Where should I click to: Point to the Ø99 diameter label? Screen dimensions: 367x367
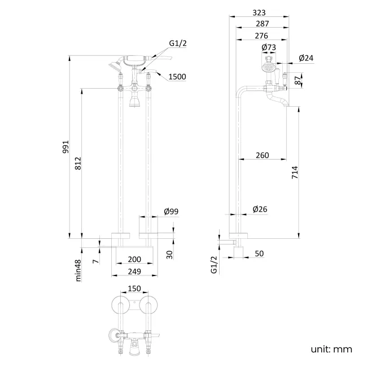coord(171,211)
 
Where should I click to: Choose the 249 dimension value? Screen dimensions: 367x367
coord(134,272)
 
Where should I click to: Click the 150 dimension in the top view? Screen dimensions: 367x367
coord(134,289)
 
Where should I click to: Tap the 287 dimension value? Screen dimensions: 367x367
coord(261,24)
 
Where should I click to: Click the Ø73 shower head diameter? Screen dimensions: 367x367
coord(268,47)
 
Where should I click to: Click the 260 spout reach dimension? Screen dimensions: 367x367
coord(261,155)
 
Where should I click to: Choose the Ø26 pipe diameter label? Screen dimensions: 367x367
coord(260,209)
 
